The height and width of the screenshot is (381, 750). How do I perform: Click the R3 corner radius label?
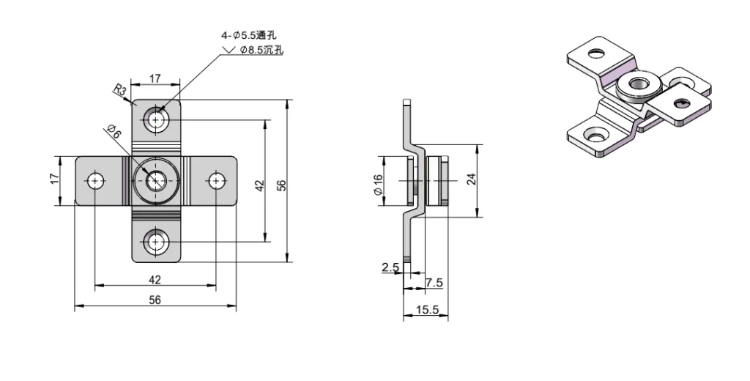pyautogui.click(x=120, y=90)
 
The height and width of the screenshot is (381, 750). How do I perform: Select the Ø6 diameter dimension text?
pyautogui.click(x=114, y=132)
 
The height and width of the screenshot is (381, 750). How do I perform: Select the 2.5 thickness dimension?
pyautogui.click(x=390, y=268)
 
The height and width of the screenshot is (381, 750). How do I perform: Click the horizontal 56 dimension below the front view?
pyautogui.click(x=155, y=299)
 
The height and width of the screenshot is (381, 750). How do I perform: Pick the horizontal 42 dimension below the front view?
pyautogui.click(x=155, y=279)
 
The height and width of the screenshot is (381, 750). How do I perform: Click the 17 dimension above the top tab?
pyautogui.click(x=155, y=78)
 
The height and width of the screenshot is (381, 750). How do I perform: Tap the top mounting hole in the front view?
pyautogui.click(x=155, y=119)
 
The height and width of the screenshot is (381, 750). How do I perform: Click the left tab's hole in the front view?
pyautogui.click(x=94, y=180)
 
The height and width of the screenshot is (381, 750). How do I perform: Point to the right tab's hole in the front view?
pyautogui.click(x=216, y=180)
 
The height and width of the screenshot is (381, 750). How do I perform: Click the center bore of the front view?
pyautogui.click(x=155, y=180)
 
